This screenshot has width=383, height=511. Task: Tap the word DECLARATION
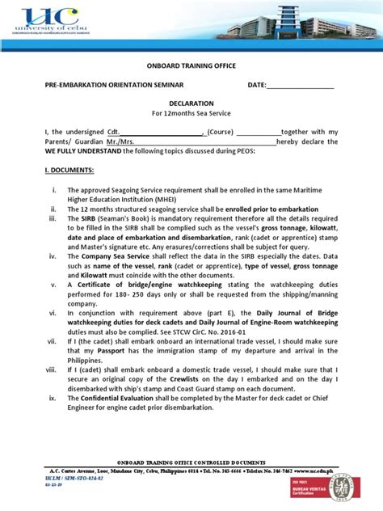191,103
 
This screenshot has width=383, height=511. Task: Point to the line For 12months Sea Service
191,115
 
